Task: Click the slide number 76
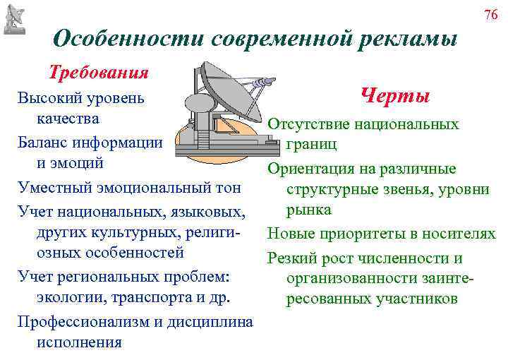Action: (x=491, y=15)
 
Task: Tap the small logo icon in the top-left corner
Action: (x=15, y=17)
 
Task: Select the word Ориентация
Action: (x=310, y=169)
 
